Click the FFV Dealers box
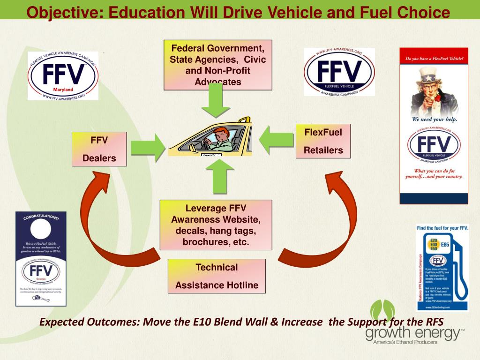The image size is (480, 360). coord(99,149)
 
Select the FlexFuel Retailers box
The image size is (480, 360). coord(323,141)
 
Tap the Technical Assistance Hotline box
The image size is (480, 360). coord(217,276)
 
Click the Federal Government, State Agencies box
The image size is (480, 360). coord(218,65)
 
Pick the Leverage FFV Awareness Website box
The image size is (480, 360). coord(216,225)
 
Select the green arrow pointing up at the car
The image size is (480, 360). coord(217,177)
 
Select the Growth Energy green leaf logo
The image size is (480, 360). coord(382,311)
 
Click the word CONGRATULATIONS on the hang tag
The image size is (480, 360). coord(41,217)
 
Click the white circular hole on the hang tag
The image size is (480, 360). coord(41,230)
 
